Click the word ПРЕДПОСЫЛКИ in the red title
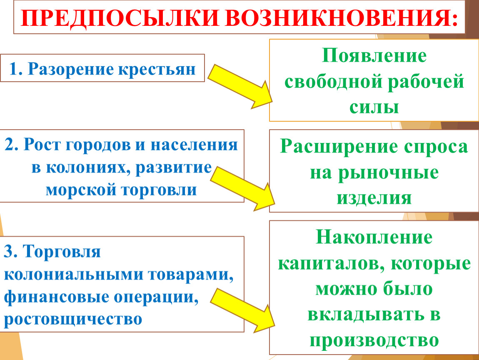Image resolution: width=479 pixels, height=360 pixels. (x=120, y=18)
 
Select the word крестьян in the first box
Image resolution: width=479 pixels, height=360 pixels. (x=157, y=69)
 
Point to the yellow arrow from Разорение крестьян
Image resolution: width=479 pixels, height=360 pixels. (x=240, y=86)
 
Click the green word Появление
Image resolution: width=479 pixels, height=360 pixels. (x=374, y=56)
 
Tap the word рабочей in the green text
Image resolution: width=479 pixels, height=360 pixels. (x=426, y=82)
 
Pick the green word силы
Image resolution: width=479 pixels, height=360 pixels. (x=374, y=107)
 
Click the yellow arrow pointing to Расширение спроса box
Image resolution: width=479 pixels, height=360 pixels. (x=242, y=189)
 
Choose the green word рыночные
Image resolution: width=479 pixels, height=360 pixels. (x=388, y=172)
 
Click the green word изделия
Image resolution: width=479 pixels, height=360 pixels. (x=374, y=198)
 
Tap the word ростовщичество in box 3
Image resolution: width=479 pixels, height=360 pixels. (x=73, y=319)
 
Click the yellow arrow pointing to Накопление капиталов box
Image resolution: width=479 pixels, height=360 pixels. (x=242, y=310)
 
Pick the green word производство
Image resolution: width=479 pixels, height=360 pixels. (x=374, y=340)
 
